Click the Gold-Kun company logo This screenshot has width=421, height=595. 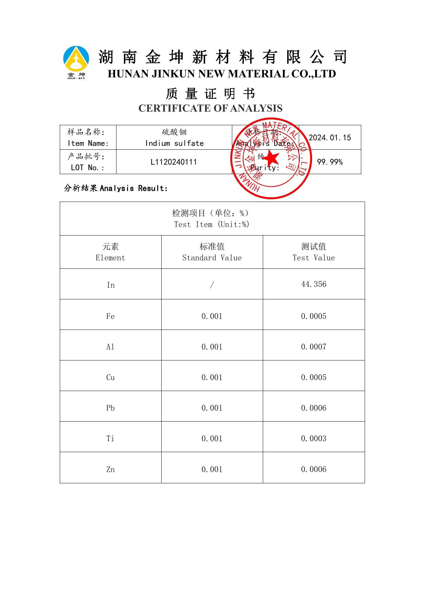[x=76, y=62]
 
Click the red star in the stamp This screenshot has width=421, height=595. [x=272, y=159]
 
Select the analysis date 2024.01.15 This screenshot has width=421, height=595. [x=330, y=137]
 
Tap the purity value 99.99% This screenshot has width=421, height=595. [x=330, y=162]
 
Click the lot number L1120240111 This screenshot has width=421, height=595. [x=174, y=162]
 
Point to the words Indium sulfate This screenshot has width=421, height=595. [x=174, y=143]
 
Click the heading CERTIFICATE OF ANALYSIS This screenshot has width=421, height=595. [x=210, y=108]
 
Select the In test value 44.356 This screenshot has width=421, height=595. [x=314, y=284]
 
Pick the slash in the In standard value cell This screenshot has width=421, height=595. [x=212, y=285]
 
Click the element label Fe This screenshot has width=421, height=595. [x=110, y=316]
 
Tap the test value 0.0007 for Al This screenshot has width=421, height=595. [x=314, y=347]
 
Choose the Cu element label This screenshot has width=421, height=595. [x=110, y=377]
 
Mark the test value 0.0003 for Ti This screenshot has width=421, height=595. [x=314, y=439]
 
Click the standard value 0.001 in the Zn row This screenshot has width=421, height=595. [x=212, y=469]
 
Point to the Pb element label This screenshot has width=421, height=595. [x=110, y=408]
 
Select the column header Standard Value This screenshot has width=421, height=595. [x=212, y=258]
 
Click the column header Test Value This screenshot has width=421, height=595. [x=314, y=258]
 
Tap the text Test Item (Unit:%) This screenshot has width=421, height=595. [x=212, y=224]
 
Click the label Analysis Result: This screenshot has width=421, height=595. [x=133, y=188]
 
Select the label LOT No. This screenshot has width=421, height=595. [x=88, y=168]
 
